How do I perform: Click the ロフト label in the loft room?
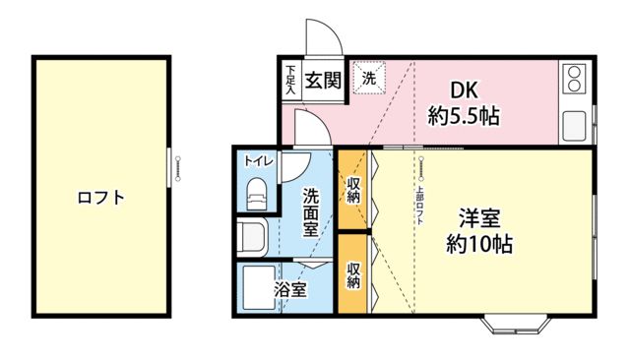101,197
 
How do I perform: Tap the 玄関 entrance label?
322,80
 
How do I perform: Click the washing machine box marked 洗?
369,79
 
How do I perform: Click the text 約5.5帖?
463,116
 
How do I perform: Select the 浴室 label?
289,290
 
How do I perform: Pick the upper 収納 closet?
352,190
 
